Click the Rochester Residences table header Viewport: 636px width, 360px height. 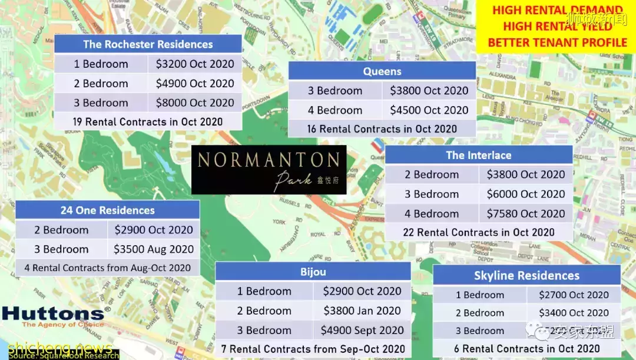(148, 44)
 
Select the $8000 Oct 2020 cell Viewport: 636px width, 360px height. (195, 103)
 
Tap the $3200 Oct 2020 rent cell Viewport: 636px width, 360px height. (195, 64)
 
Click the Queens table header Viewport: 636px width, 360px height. (382, 71)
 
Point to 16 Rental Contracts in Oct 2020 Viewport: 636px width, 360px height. (382, 128)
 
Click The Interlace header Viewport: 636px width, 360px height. (478, 156)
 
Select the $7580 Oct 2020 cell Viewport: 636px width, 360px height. (526, 214)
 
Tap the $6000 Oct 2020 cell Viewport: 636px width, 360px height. (526, 194)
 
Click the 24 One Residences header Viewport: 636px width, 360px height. (107, 210)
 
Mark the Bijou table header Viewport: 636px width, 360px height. (313, 272)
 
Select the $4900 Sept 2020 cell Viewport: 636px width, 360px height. (362, 331)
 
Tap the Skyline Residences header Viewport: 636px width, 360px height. (526, 275)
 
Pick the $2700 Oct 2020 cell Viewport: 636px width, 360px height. (574, 295)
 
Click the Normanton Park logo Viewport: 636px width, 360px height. (269, 169)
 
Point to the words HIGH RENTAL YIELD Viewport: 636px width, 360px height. (557, 27)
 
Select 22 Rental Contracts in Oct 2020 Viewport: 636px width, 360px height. (478, 232)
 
